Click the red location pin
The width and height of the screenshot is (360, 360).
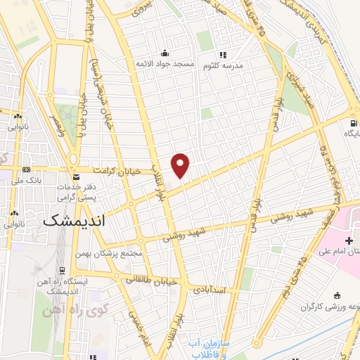181,165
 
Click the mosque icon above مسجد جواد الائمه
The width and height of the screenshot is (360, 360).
165,53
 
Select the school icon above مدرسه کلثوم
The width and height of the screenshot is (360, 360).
223,55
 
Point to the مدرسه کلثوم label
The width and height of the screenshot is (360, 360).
223,66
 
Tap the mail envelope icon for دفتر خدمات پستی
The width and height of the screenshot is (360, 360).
76,176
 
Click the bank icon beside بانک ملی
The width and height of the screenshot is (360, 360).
27,169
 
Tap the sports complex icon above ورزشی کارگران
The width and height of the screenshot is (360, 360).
337,295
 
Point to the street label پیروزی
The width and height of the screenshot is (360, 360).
140,11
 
